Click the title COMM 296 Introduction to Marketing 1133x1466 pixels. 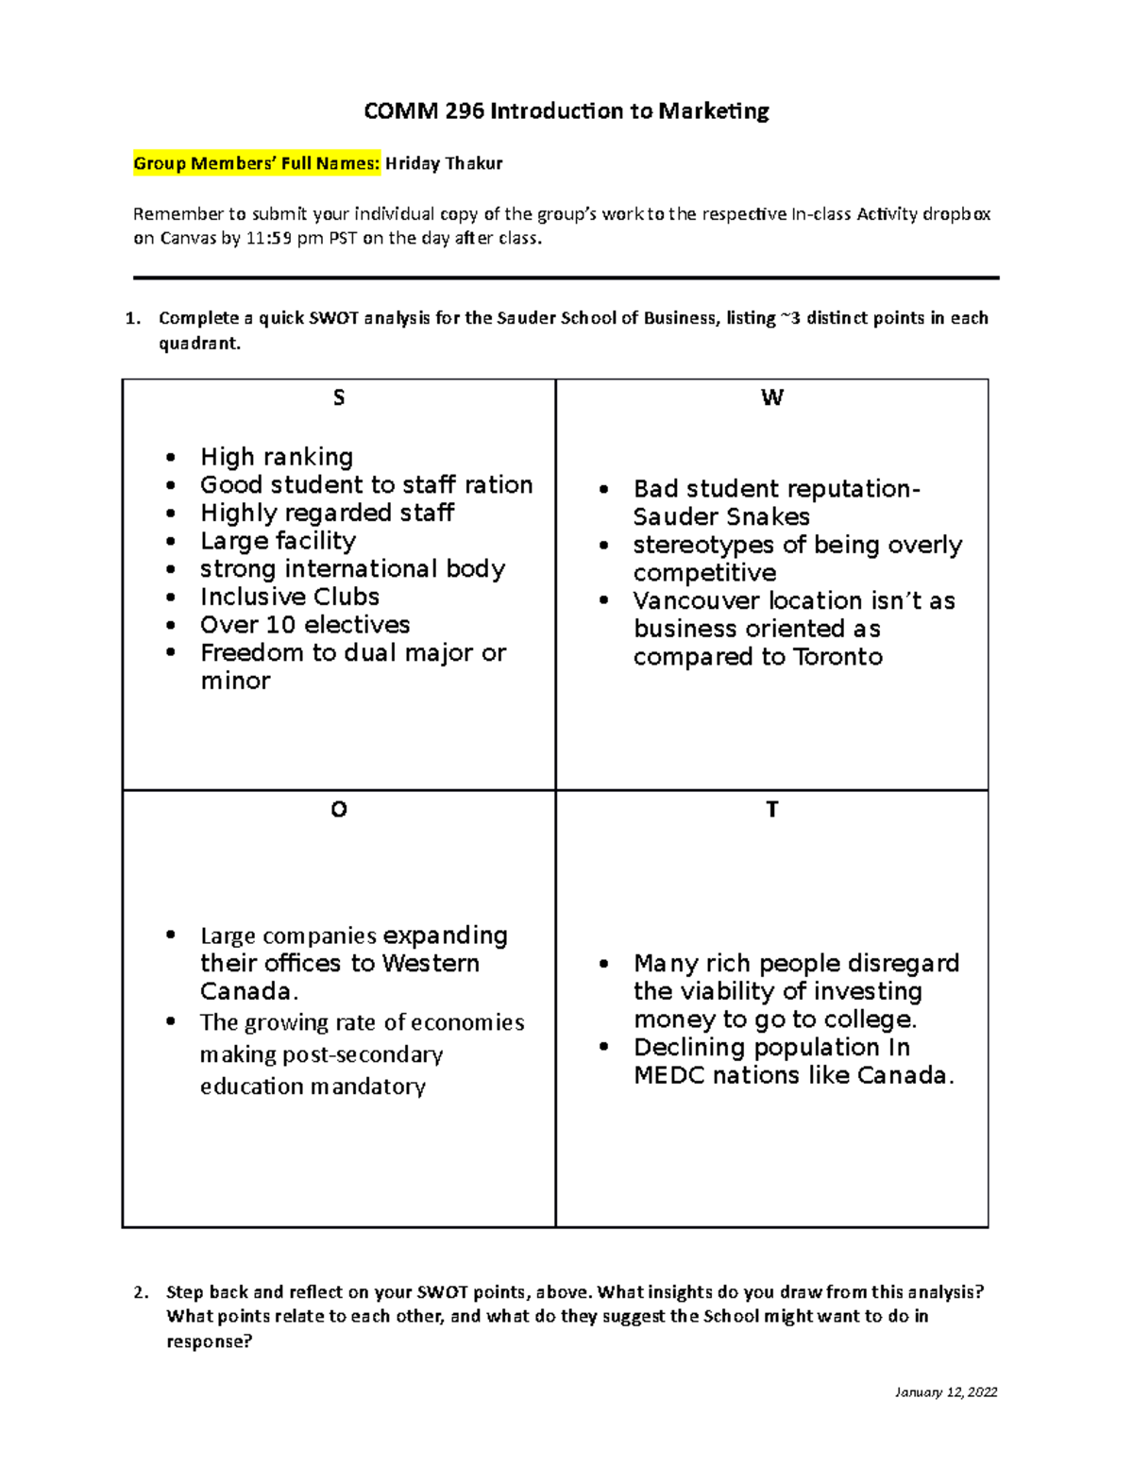(x=566, y=111)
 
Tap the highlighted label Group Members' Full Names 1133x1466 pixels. (x=257, y=163)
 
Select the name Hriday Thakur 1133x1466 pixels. (x=444, y=163)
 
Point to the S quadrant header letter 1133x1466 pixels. (x=339, y=398)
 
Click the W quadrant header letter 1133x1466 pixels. (x=771, y=398)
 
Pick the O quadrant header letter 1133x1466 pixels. (x=339, y=810)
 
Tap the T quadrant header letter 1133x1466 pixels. (x=771, y=810)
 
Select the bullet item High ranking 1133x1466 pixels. (x=277, y=457)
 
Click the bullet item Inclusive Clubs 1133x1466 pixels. (x=290, y=597)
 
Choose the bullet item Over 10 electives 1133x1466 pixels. (x=305, y=625)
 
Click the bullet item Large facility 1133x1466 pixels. (x=278, y=541)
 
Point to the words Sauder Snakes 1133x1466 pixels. (x=721, y=517)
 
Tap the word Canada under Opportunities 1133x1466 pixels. (x=247, y=992)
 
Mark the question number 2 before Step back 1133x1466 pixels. (x=140, y=1292)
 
